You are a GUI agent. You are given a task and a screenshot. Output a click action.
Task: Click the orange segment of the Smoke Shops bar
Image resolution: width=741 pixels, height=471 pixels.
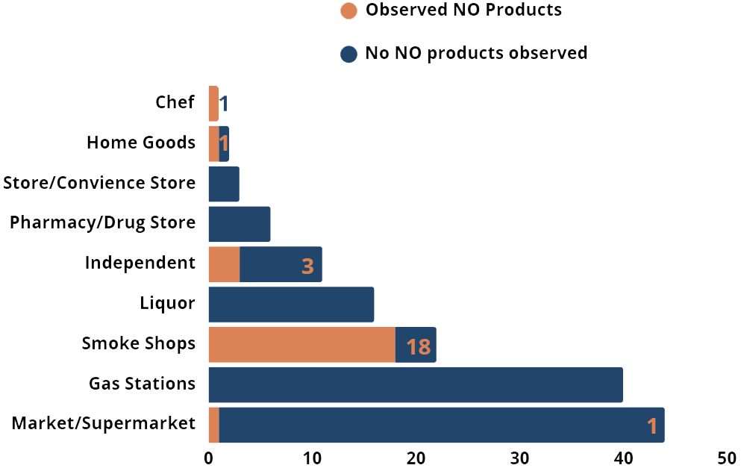[301, 344]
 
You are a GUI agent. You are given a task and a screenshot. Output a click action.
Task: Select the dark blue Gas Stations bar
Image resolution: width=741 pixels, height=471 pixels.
[415, 384]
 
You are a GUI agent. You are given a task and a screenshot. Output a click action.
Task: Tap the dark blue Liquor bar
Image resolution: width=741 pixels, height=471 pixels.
[291, 304]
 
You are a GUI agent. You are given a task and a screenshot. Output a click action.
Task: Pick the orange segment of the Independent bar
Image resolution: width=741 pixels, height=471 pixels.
[224, 264]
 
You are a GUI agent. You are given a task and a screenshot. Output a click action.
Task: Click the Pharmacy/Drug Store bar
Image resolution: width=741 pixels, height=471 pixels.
[239, 224]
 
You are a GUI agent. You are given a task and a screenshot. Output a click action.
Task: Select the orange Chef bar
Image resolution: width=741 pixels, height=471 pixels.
[213, 104]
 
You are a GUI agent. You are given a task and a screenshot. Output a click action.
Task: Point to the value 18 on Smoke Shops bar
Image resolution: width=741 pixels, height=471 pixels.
[418, 346]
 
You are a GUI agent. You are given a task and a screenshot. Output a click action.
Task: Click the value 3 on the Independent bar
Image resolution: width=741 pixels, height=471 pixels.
[307, 266]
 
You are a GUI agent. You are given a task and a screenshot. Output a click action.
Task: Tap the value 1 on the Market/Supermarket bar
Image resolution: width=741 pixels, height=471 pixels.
[651, 426]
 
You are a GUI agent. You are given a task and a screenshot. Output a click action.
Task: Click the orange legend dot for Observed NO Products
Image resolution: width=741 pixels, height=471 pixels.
[348, 11]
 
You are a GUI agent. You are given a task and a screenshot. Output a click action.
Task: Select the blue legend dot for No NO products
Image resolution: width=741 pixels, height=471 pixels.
[348, 54]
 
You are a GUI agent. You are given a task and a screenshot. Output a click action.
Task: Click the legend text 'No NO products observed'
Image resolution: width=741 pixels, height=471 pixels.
[475, 54]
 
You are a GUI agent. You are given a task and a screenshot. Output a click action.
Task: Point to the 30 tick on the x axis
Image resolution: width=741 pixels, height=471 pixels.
[519, 458]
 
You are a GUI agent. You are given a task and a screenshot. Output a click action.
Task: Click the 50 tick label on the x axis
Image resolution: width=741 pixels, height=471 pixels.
[727, 458]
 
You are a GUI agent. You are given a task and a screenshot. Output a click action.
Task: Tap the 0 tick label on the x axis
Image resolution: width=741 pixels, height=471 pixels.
[209, 458]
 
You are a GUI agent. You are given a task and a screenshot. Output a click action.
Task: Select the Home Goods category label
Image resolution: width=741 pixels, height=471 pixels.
[141, 143]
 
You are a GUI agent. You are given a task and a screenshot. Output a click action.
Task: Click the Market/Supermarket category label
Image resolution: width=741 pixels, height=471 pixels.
[104, 424]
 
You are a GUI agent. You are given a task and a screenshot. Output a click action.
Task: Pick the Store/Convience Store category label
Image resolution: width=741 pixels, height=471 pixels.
[99, 183]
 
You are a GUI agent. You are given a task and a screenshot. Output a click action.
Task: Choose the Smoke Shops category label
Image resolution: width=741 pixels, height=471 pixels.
[139, 343]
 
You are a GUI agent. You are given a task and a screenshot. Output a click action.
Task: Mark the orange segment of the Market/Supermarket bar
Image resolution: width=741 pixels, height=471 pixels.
[213, 425]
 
